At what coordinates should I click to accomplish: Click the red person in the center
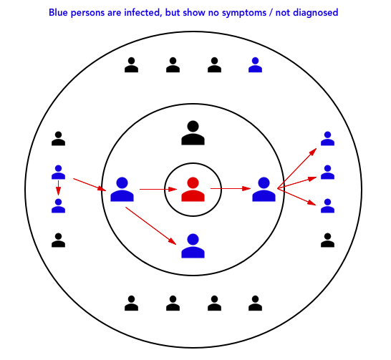pyautogui.click(x=193, y=190)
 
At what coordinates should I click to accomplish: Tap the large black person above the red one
pyautogui.click(x=193, y=133)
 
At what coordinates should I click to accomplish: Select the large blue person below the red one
pyautogui.click(x=193, y=246)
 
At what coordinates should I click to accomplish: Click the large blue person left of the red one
pyautogui.click(x=122, y=190)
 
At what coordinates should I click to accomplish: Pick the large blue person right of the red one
pyautogui.click(x=264, y=190)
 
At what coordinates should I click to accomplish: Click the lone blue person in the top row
pyautogui.click(x=255, y=65)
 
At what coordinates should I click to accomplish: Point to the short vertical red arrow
pyautogui.click(x=58, y=188)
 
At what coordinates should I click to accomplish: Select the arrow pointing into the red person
pyautogui.click(x=158, y=190)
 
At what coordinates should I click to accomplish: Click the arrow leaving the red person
pyautogui.click(x=231, y=189)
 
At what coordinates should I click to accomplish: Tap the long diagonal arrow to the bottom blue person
pyautogui.click(x=151, y=225)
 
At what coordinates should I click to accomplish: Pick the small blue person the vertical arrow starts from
pyautogui.click(x=58, y=172)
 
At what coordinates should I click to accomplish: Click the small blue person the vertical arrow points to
pyautogui.click(x=58, y=206)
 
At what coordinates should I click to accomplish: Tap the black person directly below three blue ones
pyautogui.click(x=327, y=240)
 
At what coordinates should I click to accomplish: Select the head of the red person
pyautogui.click(x=193, y=183)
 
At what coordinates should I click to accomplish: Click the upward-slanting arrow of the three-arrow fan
pyautogui.click(x=297, y=168)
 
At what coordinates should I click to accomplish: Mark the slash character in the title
pyautogui.click(x=271, y=13)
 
